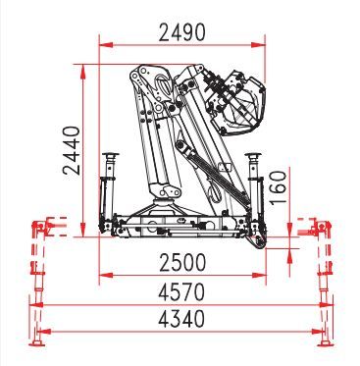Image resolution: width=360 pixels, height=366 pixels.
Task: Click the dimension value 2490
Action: coord(182,32)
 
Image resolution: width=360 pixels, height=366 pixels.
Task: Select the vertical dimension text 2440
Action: coord(72,150)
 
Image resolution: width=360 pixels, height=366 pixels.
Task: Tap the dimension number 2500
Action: coord(182,263)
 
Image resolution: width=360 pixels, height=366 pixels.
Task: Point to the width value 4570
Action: coord(181,291)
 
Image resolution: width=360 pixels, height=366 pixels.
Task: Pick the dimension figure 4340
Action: coord(181,319)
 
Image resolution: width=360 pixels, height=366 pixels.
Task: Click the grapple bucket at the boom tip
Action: coord(236,103)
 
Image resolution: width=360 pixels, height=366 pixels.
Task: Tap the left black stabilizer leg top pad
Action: coord(111,154)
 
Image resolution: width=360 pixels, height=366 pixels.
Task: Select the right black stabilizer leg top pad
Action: coord(253,154)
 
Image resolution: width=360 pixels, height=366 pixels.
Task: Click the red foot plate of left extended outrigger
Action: coord(36,343)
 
